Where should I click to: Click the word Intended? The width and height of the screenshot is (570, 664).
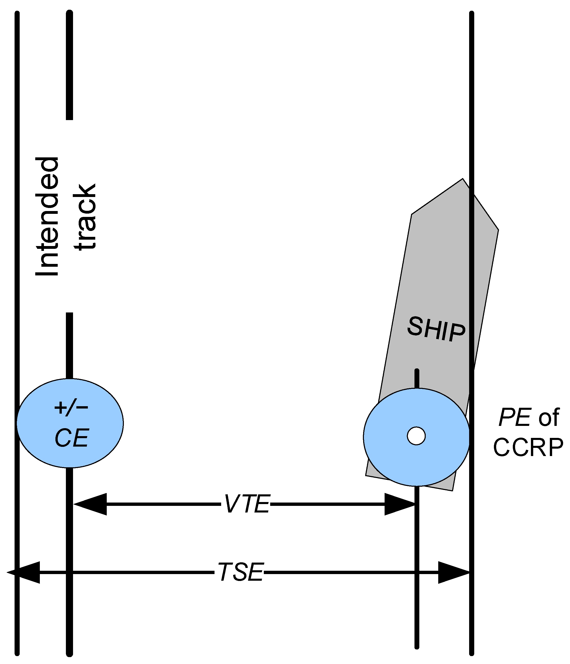[x=47, y=216]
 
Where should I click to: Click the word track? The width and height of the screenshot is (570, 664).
[x=85, y=217]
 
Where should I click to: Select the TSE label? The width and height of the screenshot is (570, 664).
[x=240, y=572]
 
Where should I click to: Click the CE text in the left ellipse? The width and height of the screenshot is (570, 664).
[x=72, y=438]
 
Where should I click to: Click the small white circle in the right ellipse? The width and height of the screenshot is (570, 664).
[x=416, y=436]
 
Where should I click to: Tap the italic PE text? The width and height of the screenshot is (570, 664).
[x=515, y=417]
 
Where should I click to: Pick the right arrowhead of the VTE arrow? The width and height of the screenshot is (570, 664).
[x=399, y=504]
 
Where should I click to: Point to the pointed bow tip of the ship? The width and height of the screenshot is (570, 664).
[x=462, y=179]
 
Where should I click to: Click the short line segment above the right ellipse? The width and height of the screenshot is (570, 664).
[x=417, y=379]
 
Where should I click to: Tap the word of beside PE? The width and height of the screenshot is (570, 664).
[x=549, y=417]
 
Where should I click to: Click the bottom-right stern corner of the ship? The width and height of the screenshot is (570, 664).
[x=452, y=490]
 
